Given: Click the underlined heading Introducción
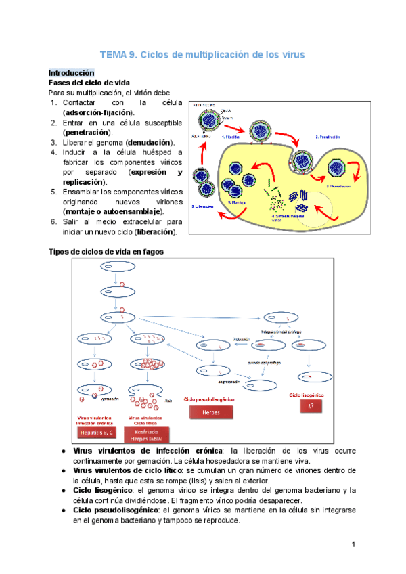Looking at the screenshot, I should tap(71, 72).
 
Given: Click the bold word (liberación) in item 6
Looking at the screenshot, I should tap(156, 232).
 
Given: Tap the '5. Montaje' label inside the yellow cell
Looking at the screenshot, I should tap(237, 202).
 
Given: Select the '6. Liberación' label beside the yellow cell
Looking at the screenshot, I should tap(202, 206).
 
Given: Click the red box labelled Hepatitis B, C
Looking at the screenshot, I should tap(97, 432).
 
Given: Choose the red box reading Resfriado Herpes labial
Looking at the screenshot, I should tap(147, 435).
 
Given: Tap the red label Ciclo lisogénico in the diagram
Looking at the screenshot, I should tap(307, 395).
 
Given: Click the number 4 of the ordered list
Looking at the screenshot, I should tap(53, 152).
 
